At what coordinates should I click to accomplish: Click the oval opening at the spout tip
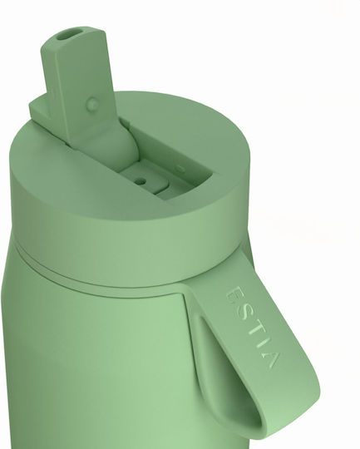coord(67,35)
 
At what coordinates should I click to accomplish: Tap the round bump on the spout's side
coord(93,103)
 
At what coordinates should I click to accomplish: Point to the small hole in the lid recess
coord(140,181)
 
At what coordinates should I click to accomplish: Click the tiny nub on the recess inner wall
coord(180,169)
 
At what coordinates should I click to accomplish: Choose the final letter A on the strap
coord(271,359)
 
